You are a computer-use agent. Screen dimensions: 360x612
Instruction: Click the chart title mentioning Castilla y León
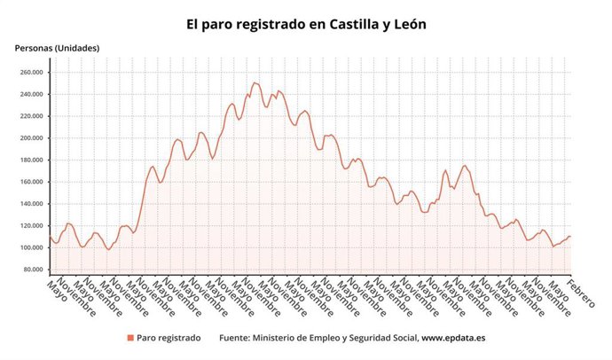coord(306,24)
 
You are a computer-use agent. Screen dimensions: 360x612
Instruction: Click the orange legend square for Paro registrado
coord(130,338)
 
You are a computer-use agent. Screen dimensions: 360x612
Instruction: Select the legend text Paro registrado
coord(169,338)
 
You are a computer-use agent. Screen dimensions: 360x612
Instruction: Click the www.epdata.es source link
coord(459,338)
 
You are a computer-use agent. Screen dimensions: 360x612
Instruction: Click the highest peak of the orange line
coord(255,82)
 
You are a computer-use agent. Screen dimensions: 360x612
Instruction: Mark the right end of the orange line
coord(570,236)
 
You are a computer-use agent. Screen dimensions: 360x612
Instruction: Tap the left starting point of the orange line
coord(50,235)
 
